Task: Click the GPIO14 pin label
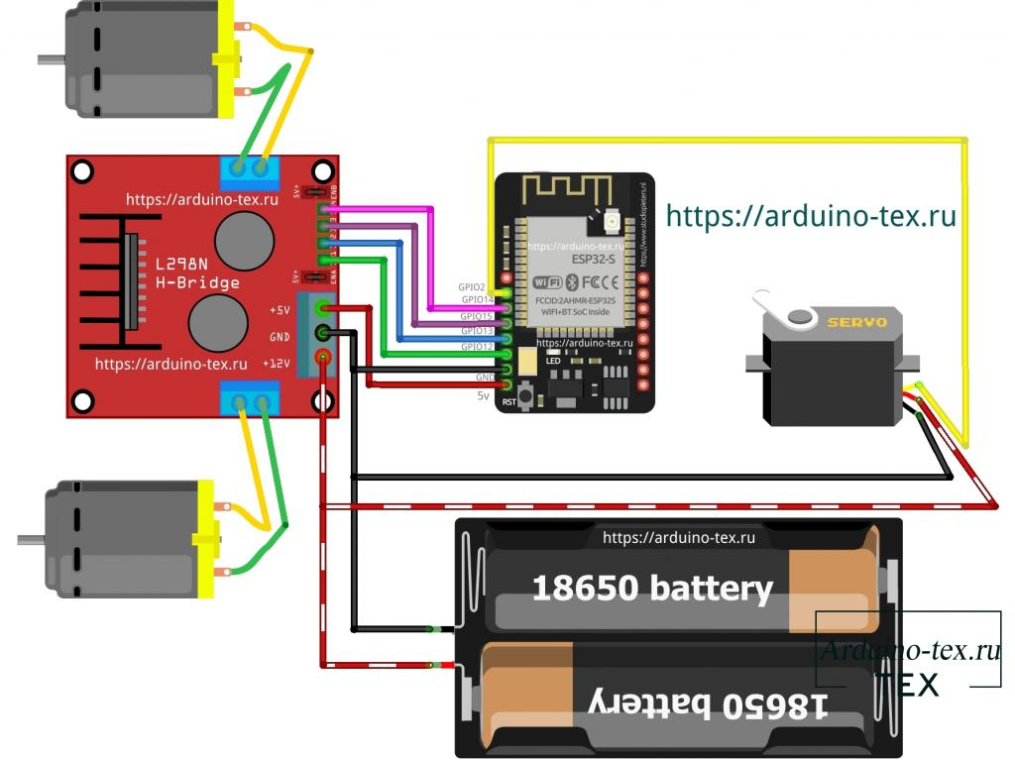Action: pos(477,299)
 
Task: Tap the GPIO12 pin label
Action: pos(477,347)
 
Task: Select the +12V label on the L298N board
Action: pos(279,363)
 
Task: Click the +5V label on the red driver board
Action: pos(280,311)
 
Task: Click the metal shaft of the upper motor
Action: pos(51,59)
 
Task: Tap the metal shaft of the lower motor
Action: pos(31,539)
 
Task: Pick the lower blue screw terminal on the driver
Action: pos(250,400)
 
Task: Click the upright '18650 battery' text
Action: pos(652,589)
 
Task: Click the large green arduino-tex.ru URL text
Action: pos(811,215)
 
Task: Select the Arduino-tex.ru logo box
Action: pos(908,649)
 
